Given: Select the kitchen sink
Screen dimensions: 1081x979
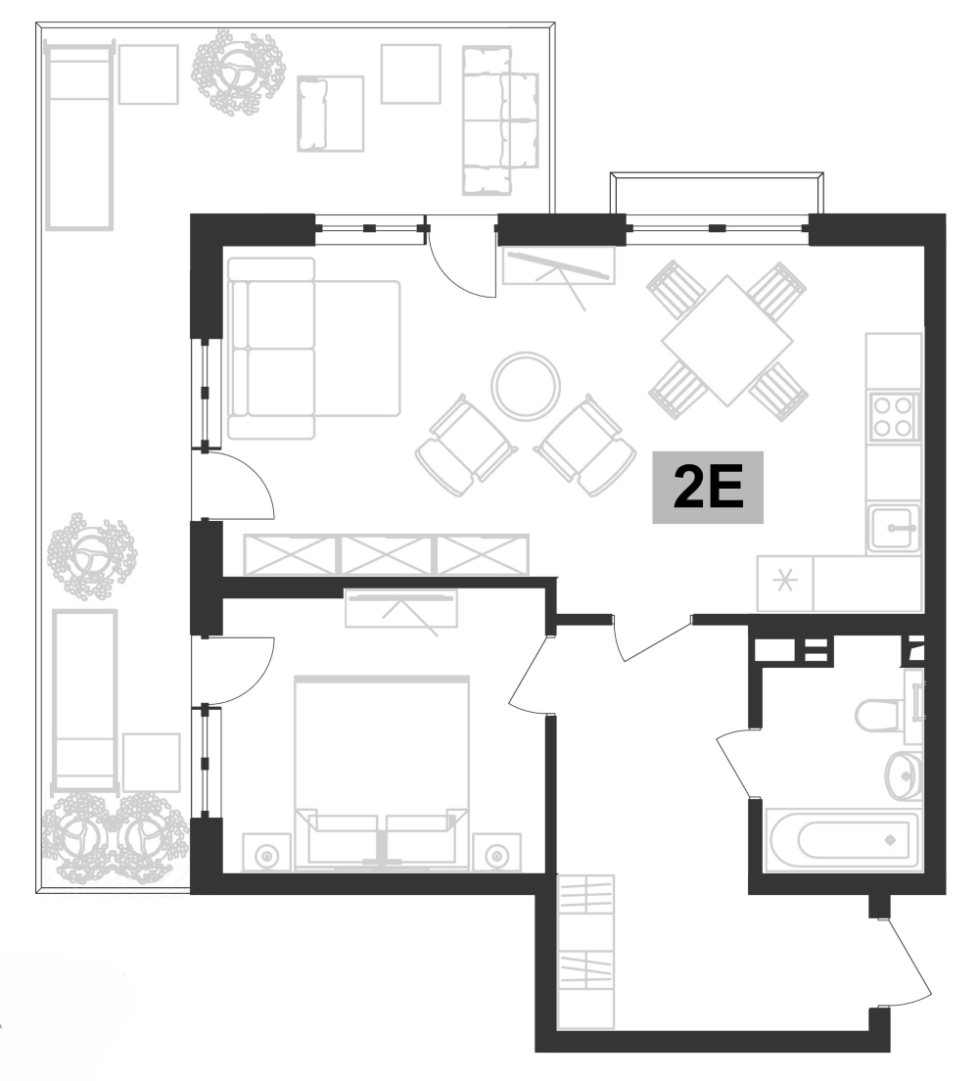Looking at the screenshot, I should (x=892, y=529).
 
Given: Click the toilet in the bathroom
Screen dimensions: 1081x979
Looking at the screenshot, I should (x=880, y=715).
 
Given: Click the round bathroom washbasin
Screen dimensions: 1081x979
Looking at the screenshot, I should (x=904, y=775).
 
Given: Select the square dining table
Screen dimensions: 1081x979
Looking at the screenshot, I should (x=726, y=341).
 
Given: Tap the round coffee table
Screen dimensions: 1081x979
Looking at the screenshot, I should (x=526, y=386).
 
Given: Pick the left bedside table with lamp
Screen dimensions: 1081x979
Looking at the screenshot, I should (x=265, y=855).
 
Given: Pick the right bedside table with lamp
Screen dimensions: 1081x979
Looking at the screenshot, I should (x=498, y=855).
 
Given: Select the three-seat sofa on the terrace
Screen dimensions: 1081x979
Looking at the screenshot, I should (x=500, y=120).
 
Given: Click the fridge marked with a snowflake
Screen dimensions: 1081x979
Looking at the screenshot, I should (x=785, y=585).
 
